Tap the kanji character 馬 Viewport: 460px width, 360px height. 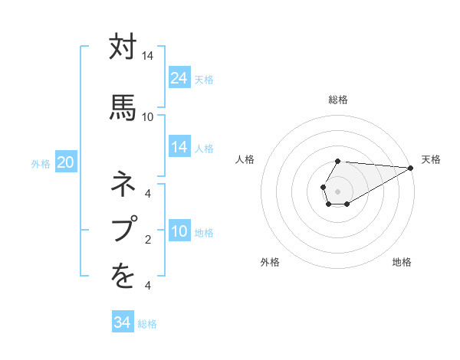(x=123, y=105)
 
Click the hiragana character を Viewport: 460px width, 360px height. (x=123, y=277)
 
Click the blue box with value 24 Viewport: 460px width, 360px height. (x=179, y=78)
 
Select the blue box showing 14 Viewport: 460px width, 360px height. (x=179, y=147)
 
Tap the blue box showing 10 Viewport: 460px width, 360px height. (x=179, y=232)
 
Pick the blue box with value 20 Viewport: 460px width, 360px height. (x=65, y=162)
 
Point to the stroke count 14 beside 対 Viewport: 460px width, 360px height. (x=147, y=57)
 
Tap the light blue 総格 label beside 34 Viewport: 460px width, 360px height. (x=147, y=324)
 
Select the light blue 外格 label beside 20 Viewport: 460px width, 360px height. (x=41, y=164)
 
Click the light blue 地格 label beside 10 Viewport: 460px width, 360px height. (x=204, y=233)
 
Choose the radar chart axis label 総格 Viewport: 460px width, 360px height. (x=338, y=100)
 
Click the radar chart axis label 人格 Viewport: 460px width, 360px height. (x=245, y=159)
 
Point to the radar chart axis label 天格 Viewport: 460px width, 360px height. (x=431, y=159)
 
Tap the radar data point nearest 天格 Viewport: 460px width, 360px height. (x=411, y=168)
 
